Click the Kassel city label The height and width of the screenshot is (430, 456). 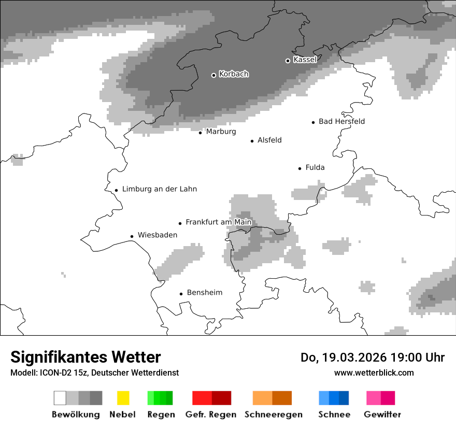tap(305, 60)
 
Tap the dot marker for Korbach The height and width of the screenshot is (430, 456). tap(213, 75)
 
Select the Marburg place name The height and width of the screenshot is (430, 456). tap(221, 132)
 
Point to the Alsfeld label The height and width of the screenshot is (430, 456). tap(269, 140)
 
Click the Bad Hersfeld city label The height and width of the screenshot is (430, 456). tap(341, 121)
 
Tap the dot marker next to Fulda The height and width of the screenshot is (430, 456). tap(300, 168)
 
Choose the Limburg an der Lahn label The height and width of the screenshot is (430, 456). tap(160, 189)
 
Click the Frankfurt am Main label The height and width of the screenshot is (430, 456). tap(218, 222)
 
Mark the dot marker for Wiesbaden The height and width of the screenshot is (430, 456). tap(132, 236)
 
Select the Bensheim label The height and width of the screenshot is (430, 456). tap(205, 293)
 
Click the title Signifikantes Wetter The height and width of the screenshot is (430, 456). tap(85, 357)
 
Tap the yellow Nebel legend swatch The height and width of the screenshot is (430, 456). tap(123, 398)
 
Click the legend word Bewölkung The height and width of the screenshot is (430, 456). tap(76, 414)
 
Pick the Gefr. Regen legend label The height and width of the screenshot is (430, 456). tap(210, 414)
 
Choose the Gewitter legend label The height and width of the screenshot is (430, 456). tap(382, 414)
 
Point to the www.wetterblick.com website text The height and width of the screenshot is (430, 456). tap(374, 372)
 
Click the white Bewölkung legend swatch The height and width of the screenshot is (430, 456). tap(60, 398)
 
